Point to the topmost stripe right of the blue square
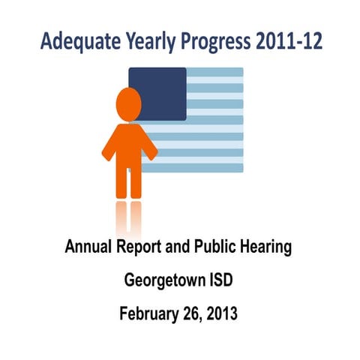215,73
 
